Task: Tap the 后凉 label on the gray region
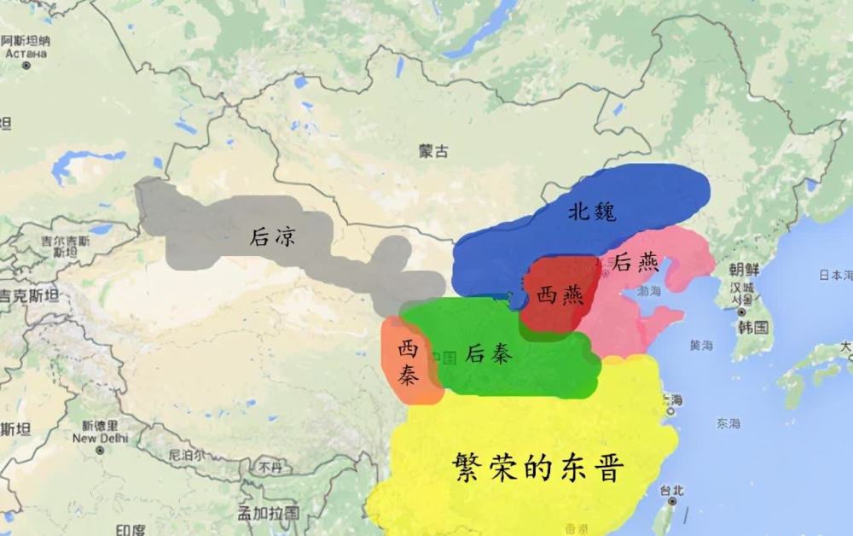273,236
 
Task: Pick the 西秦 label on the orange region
411,361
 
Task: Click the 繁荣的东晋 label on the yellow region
539,468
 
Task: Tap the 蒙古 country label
433,151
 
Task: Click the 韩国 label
754,327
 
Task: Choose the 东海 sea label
728,422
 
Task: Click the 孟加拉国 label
269,512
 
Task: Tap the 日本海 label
836,275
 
